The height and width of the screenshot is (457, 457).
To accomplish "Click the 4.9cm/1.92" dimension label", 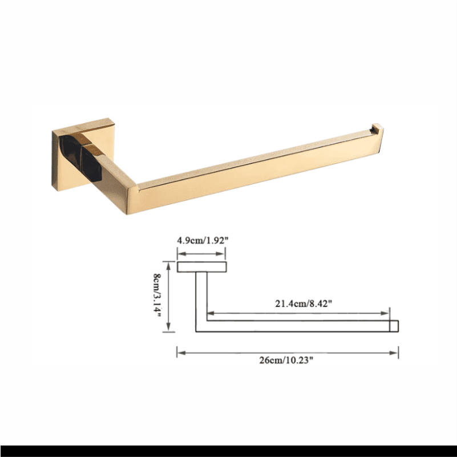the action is (x=203, y=240).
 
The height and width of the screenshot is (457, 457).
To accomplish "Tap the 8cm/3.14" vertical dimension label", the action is (x=157, y=297).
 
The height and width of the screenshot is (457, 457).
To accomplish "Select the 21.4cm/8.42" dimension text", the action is (x=304, y=304).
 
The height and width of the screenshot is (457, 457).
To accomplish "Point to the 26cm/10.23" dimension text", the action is (x=286, y=360).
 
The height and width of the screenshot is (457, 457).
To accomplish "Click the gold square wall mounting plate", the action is (x=83, y=152).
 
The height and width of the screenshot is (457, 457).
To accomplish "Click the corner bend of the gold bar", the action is (x=132, y=198).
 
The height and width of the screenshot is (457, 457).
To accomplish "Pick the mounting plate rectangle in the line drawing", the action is (x=202, y=267).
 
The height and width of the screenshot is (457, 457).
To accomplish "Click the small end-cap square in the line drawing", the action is (x=394, y=326).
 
